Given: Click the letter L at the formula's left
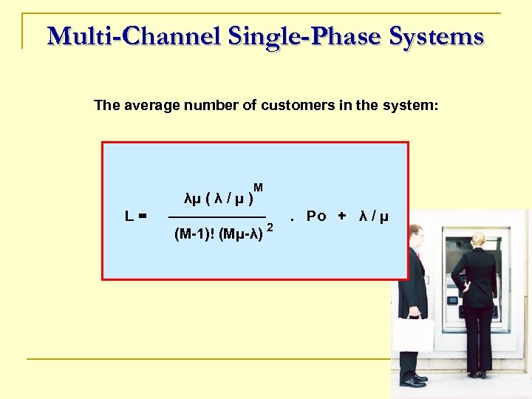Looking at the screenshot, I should pos(129,216).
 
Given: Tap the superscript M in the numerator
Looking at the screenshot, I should pos(258,188).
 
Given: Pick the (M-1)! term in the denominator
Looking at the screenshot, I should pos(194,235).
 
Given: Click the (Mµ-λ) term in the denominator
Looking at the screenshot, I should pos(242,235).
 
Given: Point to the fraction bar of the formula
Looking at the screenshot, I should pos(217,216).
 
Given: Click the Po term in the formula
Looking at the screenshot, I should pos(316,216).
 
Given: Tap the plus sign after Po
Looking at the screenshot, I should pos(341,216).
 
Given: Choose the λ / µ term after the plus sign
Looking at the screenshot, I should pos(373,216).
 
